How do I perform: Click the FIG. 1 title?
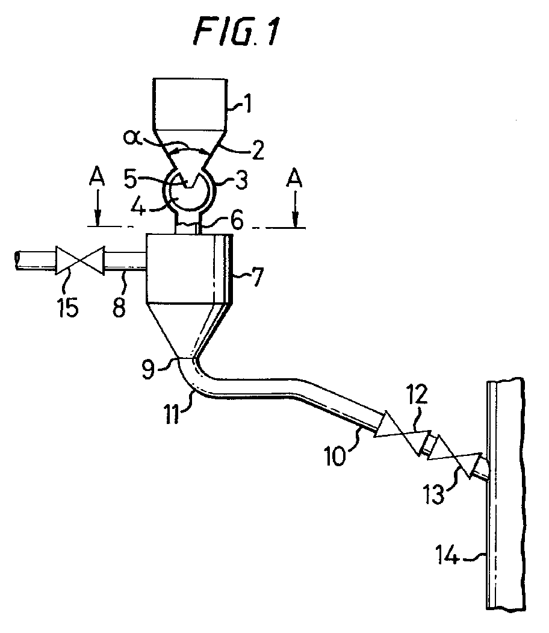pos(237,31)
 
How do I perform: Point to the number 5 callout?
pos(131,178)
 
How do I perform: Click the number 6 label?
pos(237,221)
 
